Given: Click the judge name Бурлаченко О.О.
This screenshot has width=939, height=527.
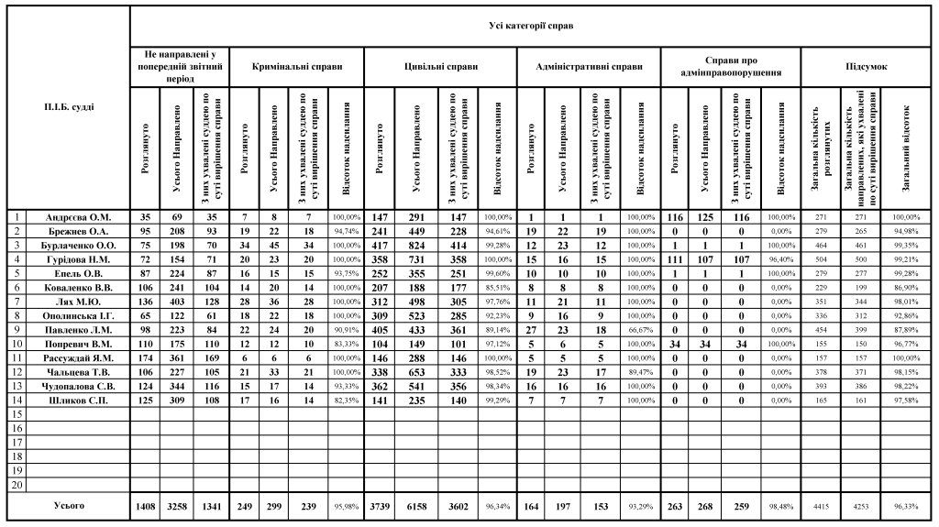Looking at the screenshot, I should point(81,246).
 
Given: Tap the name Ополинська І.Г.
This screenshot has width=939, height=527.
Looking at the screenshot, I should point(81,315).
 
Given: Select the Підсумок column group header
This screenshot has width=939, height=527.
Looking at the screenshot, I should point(866,67).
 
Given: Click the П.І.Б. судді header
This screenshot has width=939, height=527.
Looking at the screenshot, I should point(69,107).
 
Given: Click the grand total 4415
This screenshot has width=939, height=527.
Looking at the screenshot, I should point(818,506).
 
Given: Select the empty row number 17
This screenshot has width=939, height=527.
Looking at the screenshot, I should point(16,442).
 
